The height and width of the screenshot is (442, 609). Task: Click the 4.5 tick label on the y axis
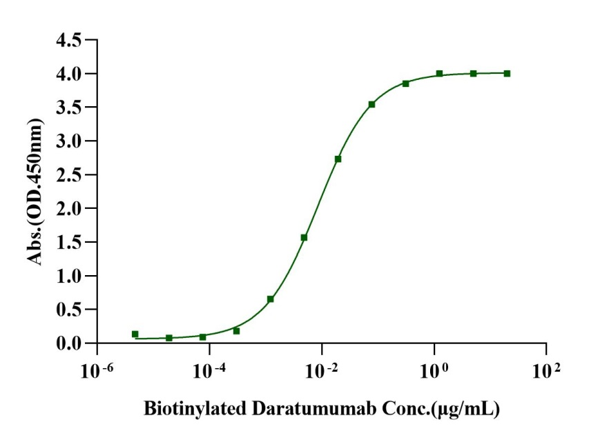click(x=70, y=40)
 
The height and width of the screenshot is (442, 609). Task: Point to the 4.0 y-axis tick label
click(x=70, y=74)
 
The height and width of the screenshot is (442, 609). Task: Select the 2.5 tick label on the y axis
click(x=70, y=174)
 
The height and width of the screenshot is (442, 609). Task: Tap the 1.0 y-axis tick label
click(x=70, y=276)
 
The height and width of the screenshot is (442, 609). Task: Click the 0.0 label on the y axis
click(x=70, y=343)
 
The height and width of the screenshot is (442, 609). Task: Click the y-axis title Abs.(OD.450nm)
click(x=34, y=192)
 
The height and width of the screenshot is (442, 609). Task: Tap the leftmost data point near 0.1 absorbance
click(x=135, y=334)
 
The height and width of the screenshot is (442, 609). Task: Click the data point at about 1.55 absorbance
click(x=304, y=237)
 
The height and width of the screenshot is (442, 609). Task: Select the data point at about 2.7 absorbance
click(x=338, y=159)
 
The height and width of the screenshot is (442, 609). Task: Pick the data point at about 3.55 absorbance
click(x=371, y=104)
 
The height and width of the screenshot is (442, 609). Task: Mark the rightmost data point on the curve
click(x=507, y=73)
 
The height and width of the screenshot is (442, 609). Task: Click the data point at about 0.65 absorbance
click(x=270, y=299)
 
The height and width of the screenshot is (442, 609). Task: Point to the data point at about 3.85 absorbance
click(x=405, y=83)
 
